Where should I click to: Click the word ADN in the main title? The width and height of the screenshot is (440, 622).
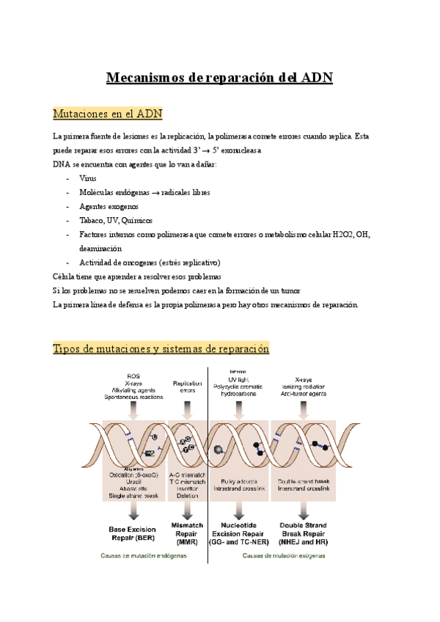(317, 78)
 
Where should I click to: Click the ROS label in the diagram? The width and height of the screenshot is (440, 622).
(133, 376)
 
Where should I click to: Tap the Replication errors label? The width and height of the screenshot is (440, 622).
(187, 387)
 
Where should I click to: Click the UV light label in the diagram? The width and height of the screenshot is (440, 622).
(238, 378)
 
